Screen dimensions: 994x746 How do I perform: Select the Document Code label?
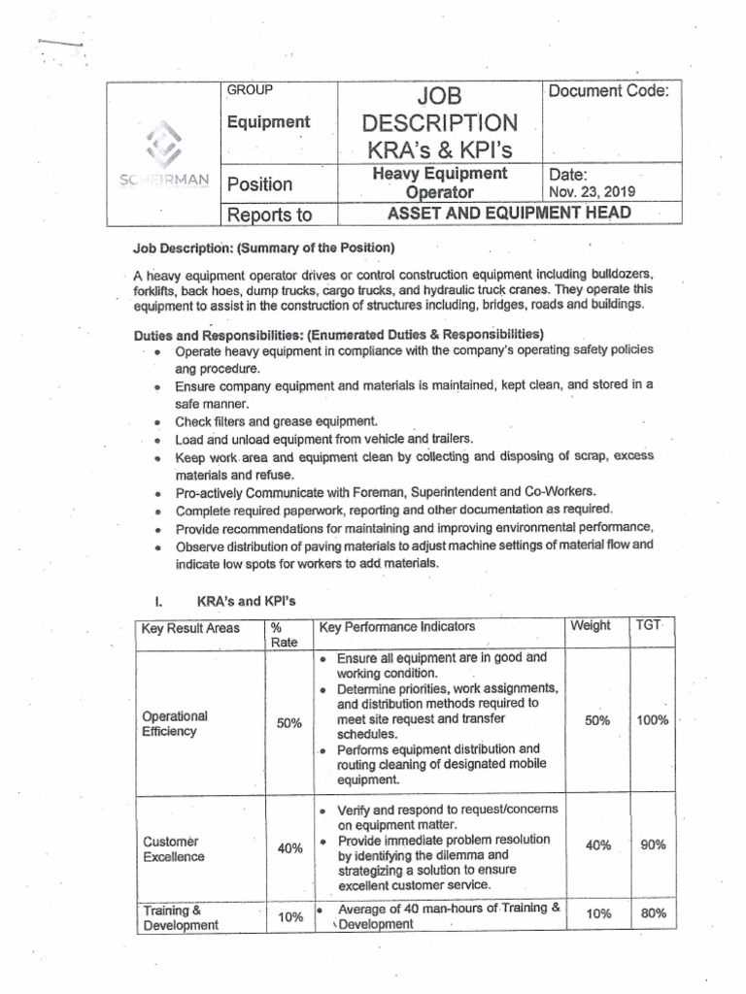[608, 91]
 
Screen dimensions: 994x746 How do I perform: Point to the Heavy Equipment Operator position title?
[440, 182]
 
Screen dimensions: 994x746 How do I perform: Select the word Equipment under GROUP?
[268, 122]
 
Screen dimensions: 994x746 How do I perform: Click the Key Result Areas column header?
[190, 628]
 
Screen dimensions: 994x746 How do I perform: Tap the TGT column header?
[648, 626]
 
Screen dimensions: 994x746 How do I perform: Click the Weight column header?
[591, 626]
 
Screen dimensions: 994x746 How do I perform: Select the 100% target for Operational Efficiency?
[652, 720]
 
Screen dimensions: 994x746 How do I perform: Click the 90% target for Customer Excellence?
[653, 845]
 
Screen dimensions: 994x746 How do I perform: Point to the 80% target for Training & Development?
[653, 913]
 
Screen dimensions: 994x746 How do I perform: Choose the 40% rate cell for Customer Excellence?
[289, 847]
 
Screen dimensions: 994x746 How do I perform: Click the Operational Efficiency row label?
[175, 723]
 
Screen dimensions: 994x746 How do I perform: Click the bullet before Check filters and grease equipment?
[156, 422]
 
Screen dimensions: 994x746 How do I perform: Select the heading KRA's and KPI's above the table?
[244, 602]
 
